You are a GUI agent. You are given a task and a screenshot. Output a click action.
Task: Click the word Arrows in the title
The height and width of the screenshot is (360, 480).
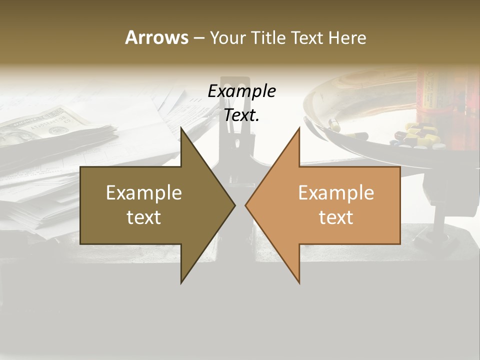tap(157, 37)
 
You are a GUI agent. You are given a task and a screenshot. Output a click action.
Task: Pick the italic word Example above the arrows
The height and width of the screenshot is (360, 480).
tap(241, 91)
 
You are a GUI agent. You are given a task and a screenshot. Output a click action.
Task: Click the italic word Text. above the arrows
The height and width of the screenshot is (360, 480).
tap(241, 115)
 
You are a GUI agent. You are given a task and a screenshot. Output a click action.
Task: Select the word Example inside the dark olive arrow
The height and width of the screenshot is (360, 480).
tap(144, 192)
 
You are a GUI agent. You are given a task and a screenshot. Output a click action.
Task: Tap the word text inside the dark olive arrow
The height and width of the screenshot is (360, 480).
tap(144, 217)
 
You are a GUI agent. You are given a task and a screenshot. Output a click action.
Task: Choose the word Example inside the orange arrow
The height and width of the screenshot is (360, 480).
tap(336, 192)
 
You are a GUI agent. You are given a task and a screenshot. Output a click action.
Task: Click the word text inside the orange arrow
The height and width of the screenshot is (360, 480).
tap(336, 217)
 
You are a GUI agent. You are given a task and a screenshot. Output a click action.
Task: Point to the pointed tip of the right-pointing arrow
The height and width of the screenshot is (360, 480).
tap(234, 205)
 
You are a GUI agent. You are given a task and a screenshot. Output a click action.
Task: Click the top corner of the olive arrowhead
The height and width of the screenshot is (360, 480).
tap(181, 127)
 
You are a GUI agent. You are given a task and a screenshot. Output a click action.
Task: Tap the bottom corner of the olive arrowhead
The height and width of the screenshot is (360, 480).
tap(181, 283)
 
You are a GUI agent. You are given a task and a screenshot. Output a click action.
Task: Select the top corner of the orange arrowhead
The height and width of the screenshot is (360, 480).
tap(299, 127)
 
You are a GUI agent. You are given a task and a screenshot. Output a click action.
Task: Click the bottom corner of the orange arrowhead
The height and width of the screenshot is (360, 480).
tap(299, 283)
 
